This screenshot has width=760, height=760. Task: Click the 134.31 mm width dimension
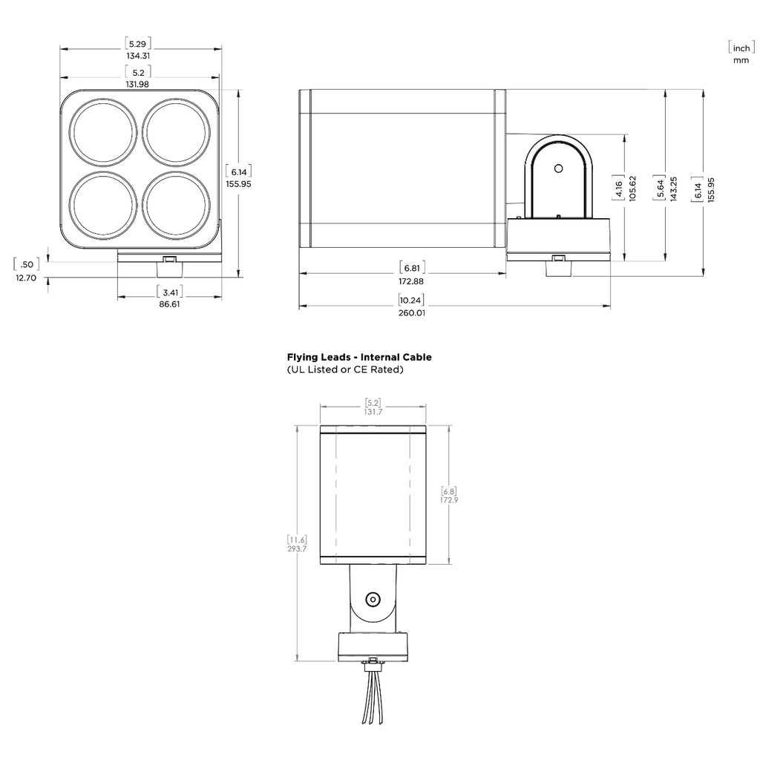[138, 56]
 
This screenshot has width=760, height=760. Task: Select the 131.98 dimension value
[137, 84]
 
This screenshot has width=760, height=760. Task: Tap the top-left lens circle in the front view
[102, 132]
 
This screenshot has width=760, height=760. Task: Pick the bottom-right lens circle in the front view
[177, 206]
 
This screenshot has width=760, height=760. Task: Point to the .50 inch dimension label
[27, 264]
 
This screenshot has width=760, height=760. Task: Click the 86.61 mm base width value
[169, 304]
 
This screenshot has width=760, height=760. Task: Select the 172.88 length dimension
[411, 281]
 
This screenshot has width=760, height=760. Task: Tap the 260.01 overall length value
[411, 313]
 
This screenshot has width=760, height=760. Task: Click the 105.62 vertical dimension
[632, 189]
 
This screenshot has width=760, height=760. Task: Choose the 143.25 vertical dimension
[673, 189]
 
